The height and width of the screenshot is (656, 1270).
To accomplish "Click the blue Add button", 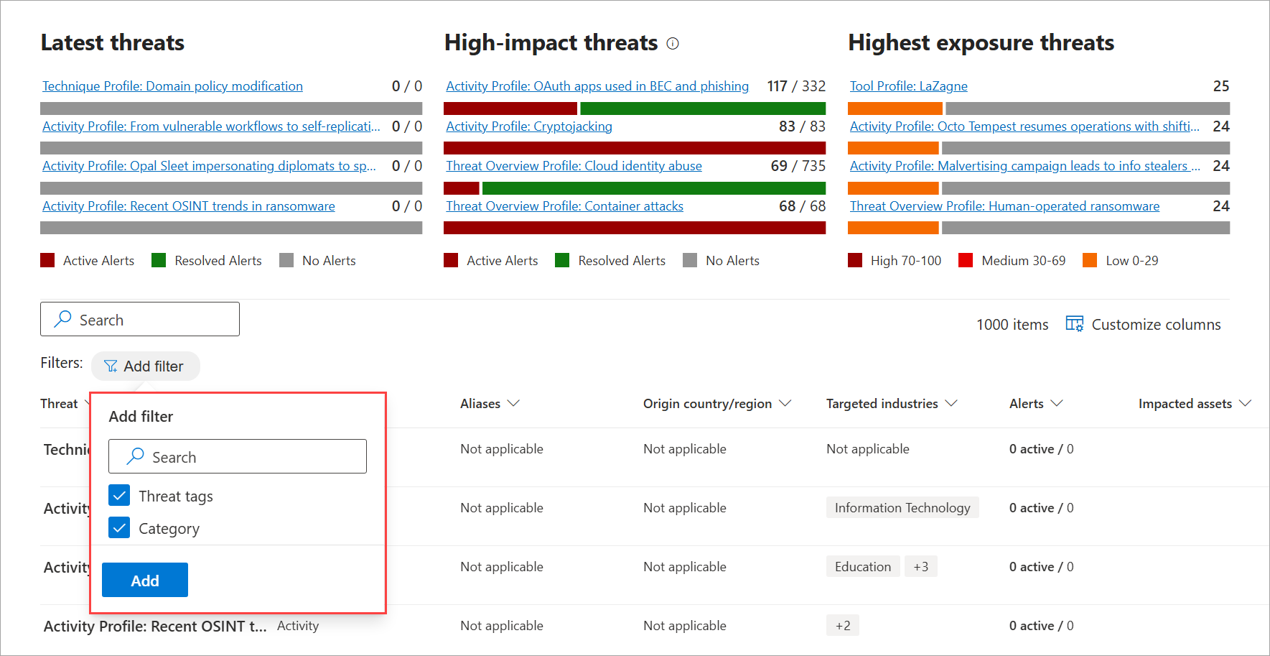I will tap(145, 580).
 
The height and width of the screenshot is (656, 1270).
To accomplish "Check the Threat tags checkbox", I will tap(119, 496).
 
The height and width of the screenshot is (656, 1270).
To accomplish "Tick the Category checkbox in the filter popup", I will tap(119, 528).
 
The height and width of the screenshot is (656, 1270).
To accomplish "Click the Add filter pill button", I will tap(145, 366).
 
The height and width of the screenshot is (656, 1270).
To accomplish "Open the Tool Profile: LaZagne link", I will tap(908, 86).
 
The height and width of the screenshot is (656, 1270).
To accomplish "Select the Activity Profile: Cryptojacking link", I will tap(529, 126).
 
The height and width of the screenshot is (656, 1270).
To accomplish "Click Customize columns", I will tap(1144, 325).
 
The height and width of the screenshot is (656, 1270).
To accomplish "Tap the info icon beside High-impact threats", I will tap(673, 44).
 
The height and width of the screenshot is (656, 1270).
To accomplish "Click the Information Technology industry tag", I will tap(902, 508).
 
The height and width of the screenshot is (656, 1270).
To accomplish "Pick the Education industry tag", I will tap(862, 567).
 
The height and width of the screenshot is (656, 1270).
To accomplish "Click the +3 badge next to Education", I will tap(920, 567).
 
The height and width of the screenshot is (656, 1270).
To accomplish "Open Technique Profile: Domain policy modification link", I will tap(172, 86).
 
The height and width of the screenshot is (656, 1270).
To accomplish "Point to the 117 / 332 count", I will tap(796, 86).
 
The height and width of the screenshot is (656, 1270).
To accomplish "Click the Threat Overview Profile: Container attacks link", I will tap(564, 206).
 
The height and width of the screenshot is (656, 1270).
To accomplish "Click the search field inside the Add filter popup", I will tap(237, 457).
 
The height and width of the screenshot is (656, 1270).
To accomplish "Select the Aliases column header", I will tap(489, 404).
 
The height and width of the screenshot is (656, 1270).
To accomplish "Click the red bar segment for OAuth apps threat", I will tap(510, 108).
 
